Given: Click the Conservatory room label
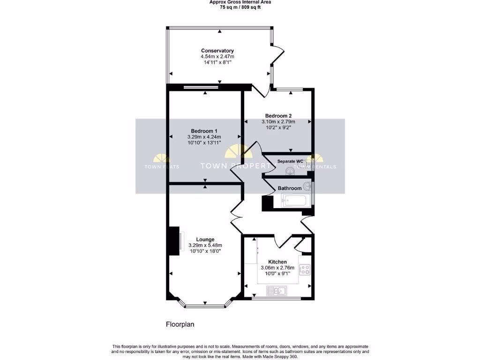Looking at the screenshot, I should point(217,51).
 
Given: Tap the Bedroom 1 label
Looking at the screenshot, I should point(204,131).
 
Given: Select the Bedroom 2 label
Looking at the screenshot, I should point(278,116).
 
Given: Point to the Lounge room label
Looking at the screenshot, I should point(205,239).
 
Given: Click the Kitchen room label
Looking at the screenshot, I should point(277,262).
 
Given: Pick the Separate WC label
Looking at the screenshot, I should point(290,161).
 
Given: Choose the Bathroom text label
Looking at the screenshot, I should point(290,188).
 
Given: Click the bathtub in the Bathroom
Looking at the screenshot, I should point(293,201).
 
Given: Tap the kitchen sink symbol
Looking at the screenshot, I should point(277,291).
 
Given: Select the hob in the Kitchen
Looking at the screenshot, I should point(305,270).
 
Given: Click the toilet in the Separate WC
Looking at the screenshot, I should point(291,172).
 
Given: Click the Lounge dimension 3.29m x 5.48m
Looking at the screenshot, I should point(205,245).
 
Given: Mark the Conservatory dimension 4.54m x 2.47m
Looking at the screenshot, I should point(217,56).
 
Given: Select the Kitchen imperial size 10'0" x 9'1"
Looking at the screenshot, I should point(277,274).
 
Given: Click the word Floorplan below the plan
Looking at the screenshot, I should point(180,324).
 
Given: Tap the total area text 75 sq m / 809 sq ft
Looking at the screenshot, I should point(240,7).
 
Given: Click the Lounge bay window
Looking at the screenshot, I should point(205,307).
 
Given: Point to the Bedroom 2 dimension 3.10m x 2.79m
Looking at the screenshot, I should point(278,122).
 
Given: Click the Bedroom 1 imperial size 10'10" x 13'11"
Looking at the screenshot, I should point(204,142).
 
